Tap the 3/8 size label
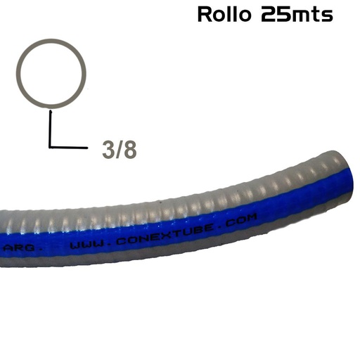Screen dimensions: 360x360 coord(120,150)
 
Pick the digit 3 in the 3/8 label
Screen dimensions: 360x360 coord(108,150)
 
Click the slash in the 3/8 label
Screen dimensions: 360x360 coord(120,150)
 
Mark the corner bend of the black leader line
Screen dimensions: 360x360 coord(50,146)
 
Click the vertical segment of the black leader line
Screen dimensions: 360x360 coord(50,128)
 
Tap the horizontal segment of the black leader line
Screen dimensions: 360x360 coord(70,146)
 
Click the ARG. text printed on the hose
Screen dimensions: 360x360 coord(27,248)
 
